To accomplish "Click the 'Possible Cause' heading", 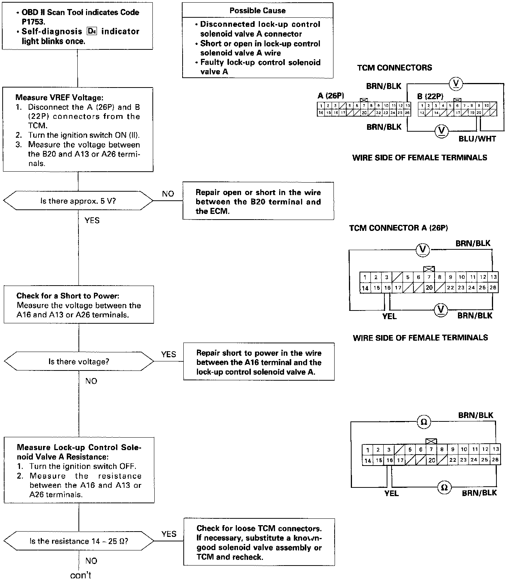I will tap(257, 11).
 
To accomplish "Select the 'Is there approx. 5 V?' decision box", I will tap(78, 201).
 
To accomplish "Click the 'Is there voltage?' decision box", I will tap(78, 362).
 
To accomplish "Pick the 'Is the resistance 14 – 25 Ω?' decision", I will tap(78, 541).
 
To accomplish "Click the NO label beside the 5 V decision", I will tap(168, 194).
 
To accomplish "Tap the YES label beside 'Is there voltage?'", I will tap(168, 354).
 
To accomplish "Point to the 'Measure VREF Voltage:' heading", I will tap(59, 98).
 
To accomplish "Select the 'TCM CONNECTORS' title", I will tap(395, 68).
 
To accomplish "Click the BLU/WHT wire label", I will tap(477, 138).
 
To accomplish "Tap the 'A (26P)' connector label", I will tap(330, 96).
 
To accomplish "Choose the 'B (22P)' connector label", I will tap(430, 96).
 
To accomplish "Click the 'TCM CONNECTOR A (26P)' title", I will tap(398, 228).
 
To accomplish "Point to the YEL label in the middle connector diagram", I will tap(389, 316).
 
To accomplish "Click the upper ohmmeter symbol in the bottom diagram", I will tap(423, 422).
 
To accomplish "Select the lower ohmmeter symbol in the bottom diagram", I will tap(444, 487).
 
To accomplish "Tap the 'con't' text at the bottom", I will tap(81, 575).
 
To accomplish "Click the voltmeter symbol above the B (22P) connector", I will tap(456, 84).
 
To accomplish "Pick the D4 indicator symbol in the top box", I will tap(91, 31).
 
